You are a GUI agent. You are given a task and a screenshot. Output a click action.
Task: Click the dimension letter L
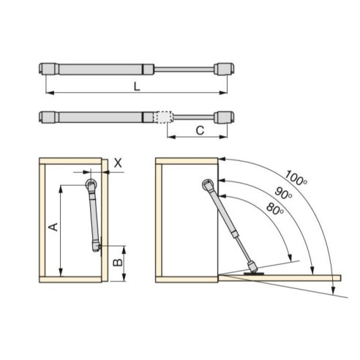137,86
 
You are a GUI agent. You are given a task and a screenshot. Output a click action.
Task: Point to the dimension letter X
119,165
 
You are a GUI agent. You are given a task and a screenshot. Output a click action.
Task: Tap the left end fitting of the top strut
48,68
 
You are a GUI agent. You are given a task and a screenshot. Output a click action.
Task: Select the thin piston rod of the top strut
183,69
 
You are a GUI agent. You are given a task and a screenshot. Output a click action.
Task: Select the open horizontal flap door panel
293,277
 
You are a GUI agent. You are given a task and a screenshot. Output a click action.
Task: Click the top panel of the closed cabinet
71,162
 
